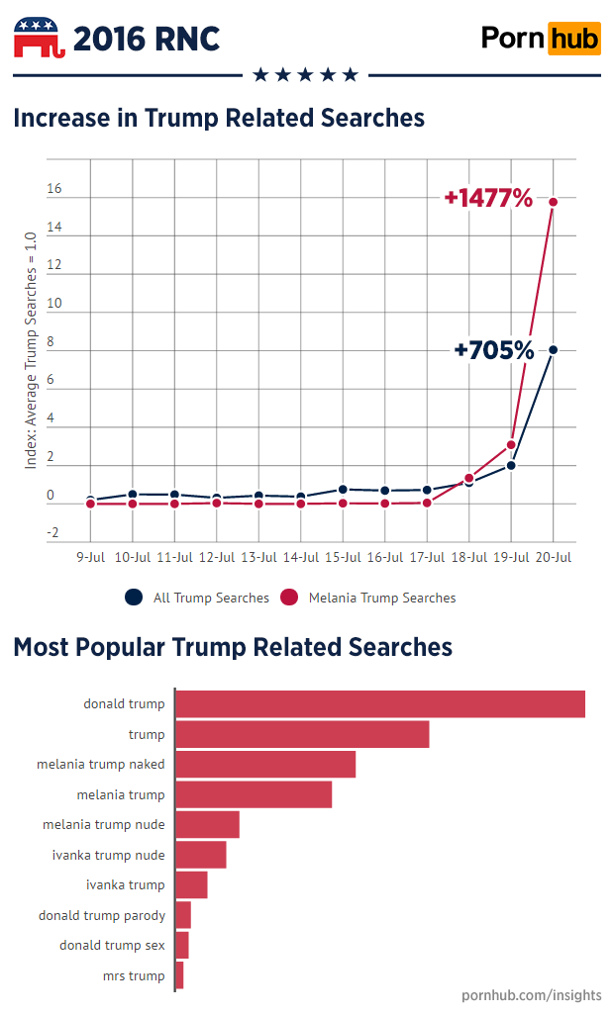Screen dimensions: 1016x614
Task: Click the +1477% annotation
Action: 488,198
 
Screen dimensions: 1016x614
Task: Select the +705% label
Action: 493,350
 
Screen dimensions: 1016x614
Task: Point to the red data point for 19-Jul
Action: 511,444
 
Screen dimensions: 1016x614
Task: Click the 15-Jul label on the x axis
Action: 343,557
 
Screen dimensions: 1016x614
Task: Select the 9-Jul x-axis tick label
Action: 91,557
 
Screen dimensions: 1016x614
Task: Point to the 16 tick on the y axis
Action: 53,189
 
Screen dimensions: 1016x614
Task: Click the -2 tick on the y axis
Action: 53,532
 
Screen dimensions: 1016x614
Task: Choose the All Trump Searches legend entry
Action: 197,598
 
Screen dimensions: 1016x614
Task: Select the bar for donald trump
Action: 379,704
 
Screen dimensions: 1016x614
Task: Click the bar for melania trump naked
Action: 264,765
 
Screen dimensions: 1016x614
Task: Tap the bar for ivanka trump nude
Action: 200,855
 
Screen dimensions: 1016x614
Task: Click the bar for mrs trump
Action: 179,975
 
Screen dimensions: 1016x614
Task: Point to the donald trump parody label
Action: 101,915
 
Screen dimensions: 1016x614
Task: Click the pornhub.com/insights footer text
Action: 531,993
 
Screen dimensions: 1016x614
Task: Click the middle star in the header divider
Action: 305,75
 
